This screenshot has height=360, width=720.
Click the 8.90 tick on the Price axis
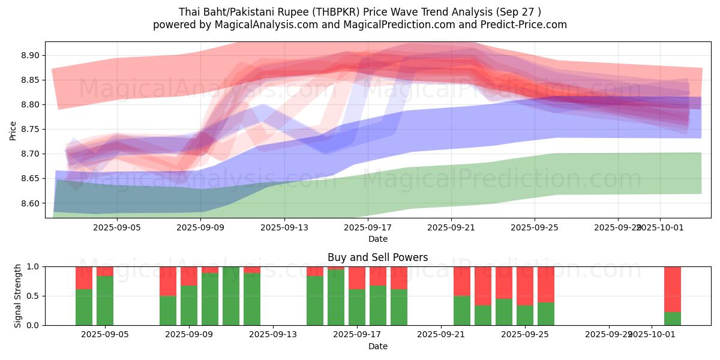pyautogui.click(x=29, y=55)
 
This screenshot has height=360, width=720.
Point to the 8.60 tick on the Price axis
pyautogui.click(x=29, y=203)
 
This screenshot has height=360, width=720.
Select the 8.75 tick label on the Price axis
pyautogui.click(x=29, y=129)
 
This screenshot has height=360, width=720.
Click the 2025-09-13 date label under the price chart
pyautogui.click(x=284, y=228)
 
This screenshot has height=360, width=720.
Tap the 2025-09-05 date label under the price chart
pyautogui.click(x=117, y=228)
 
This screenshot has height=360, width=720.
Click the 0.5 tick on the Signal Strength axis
pyautogui.click(x=34, y=296)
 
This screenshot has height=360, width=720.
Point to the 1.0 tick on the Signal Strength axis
pyautogui.click(x=34, y=266)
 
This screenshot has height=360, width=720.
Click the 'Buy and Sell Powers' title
pyautogui.click(x=378, y=257)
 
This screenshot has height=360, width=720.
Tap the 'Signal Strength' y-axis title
pyautogui.click(x=18, y=296)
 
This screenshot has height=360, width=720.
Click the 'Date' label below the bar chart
pyautogui.click(x=378, y=346)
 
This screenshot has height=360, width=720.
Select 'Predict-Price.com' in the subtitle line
pyautogui.click(x=520, y=25)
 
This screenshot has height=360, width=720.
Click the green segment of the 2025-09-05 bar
pyautogui.click(x=105, y=300)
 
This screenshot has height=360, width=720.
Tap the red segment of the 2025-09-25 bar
pyautogui.click(x=525, y=286)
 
